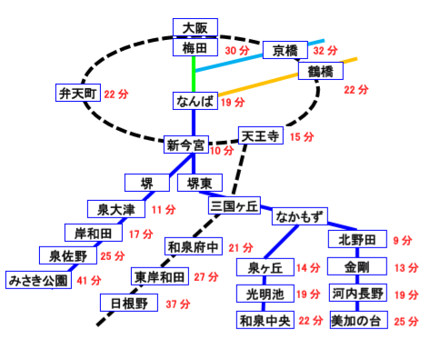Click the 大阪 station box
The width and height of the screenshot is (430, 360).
pos(195,27)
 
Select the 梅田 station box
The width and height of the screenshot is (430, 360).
pos(195,47)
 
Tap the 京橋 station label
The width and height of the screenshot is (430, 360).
pos(285,50)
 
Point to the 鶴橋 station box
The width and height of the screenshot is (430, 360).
pos(321,71)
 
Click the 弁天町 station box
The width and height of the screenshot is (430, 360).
pos(78,93)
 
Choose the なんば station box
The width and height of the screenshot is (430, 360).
pos(195,101)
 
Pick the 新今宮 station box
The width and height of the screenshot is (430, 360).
pos(186,145)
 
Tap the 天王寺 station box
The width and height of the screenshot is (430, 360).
pos(261,135)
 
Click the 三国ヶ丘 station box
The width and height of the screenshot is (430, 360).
pos(235,205)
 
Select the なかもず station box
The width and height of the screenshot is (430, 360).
pos(300,216)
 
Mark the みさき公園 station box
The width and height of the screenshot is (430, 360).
pos(38,280)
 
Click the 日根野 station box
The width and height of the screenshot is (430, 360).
pos(129,303)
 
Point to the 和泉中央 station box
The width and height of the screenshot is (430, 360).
pos(265,320)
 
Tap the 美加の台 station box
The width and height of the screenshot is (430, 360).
pos(359,320)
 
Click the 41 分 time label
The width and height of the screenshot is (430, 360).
pos(89,280)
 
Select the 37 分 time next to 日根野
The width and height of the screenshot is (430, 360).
pos(178,304)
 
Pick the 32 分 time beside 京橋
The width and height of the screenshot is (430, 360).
pos(325,50)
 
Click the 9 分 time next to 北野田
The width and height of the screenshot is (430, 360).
pos(403,240)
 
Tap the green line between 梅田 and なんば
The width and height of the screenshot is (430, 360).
pos(194,75)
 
